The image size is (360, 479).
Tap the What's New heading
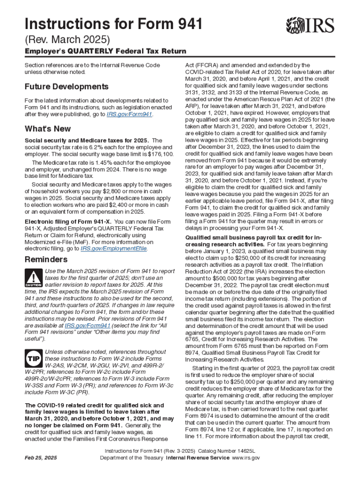pyautogui.click(x=48, y=129)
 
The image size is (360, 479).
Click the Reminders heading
pyautogui.click(x=46, y=259)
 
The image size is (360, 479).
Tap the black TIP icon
pyautogui.click(x=33, y=359)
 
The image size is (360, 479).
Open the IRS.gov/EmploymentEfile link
pyautogui.click(x=114, y=249)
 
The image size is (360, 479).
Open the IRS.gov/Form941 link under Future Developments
pyautogui.click(x=130, y=114)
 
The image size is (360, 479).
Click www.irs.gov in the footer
pyautogui.click(x=246, y=458)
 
